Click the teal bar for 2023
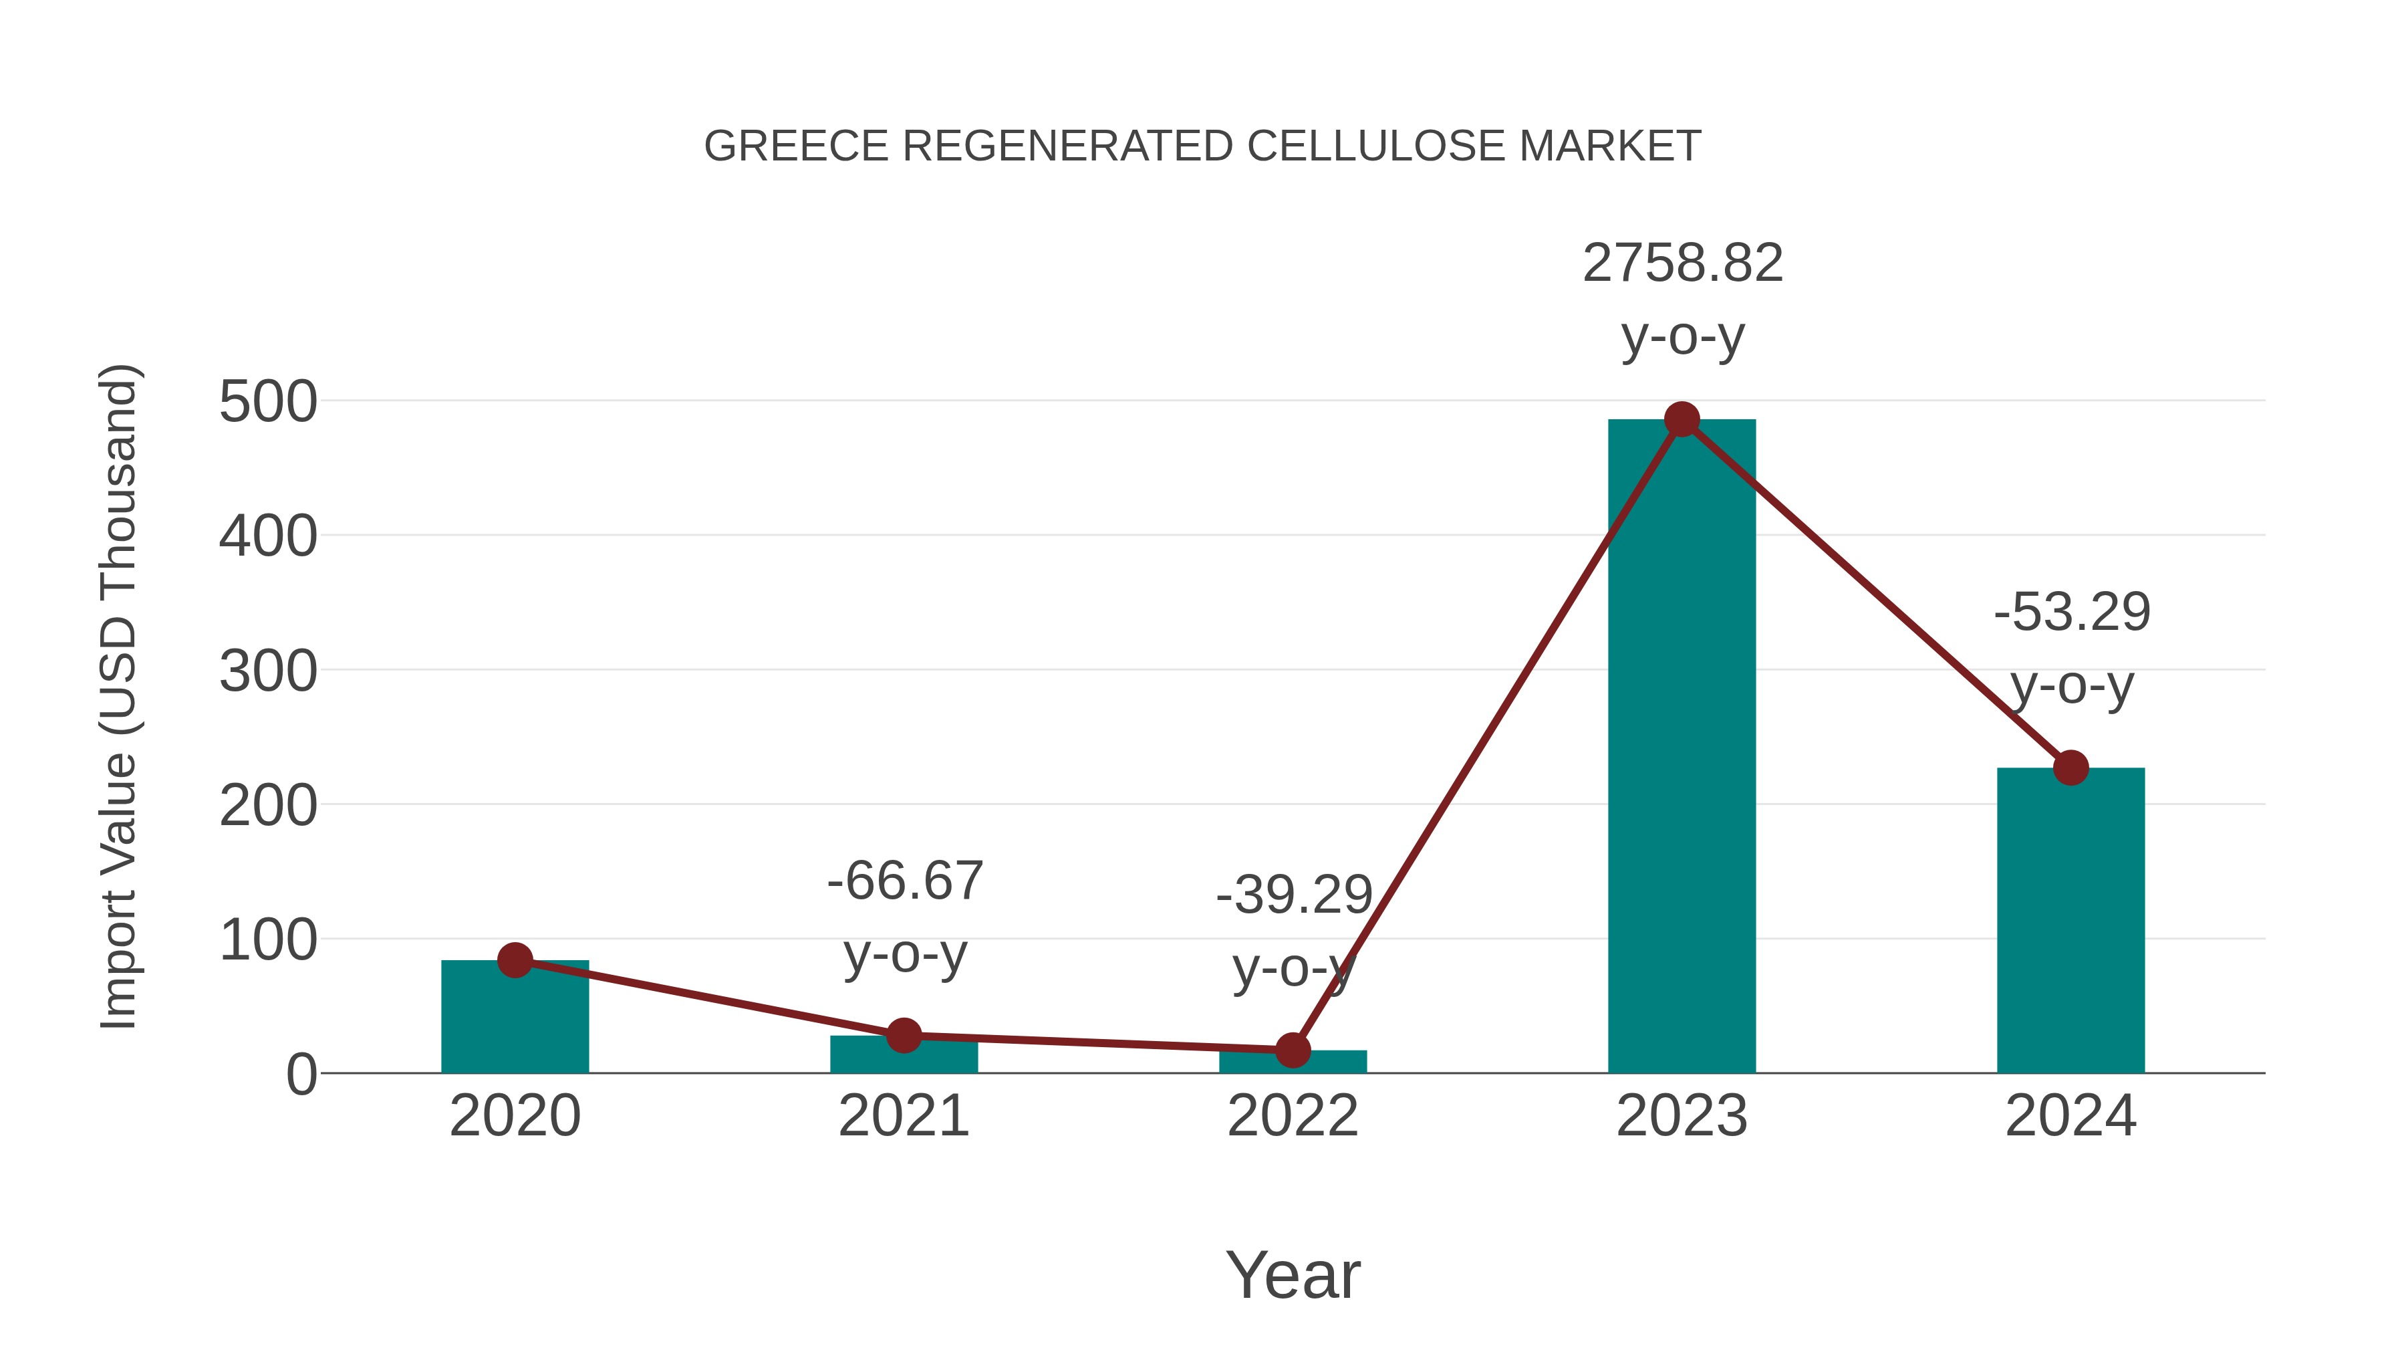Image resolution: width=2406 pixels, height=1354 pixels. click(x=1682, y=748)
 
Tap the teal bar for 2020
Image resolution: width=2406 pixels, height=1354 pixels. click(x=515, y=1018)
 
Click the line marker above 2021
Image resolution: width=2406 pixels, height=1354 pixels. click(x=903, y=1035)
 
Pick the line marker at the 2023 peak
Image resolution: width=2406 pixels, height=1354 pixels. click(x=1682, y=419)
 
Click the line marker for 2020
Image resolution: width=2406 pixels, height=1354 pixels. click(x=515, y=960)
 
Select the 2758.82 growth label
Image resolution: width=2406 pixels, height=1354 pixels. click(x=1682, y=263)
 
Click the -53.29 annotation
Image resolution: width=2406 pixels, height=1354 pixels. click(x=2072, y=613)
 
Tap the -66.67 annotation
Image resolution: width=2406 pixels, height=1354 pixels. click(x=904, y=881)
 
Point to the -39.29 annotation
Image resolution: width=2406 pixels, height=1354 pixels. click(x=1294, y=895)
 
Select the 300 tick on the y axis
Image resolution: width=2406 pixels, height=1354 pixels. click(x=268, y=672)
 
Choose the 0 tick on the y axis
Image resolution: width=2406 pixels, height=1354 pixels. click(x=301, y=1075)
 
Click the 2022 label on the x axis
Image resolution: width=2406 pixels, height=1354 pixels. click(x=1293, y=1116)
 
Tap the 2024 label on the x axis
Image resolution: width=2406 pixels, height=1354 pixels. click(x=2070, y=1116)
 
